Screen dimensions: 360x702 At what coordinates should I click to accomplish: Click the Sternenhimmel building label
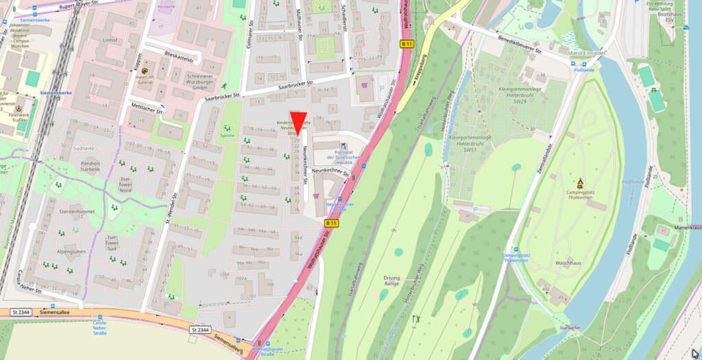click(x=76, y=213)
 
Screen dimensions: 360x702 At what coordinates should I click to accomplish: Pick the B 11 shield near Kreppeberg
click(x=407, y=44)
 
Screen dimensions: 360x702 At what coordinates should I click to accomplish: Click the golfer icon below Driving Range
click(x=415, y=318)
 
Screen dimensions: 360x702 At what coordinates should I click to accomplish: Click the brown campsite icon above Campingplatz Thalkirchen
click(x=580, y=182)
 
